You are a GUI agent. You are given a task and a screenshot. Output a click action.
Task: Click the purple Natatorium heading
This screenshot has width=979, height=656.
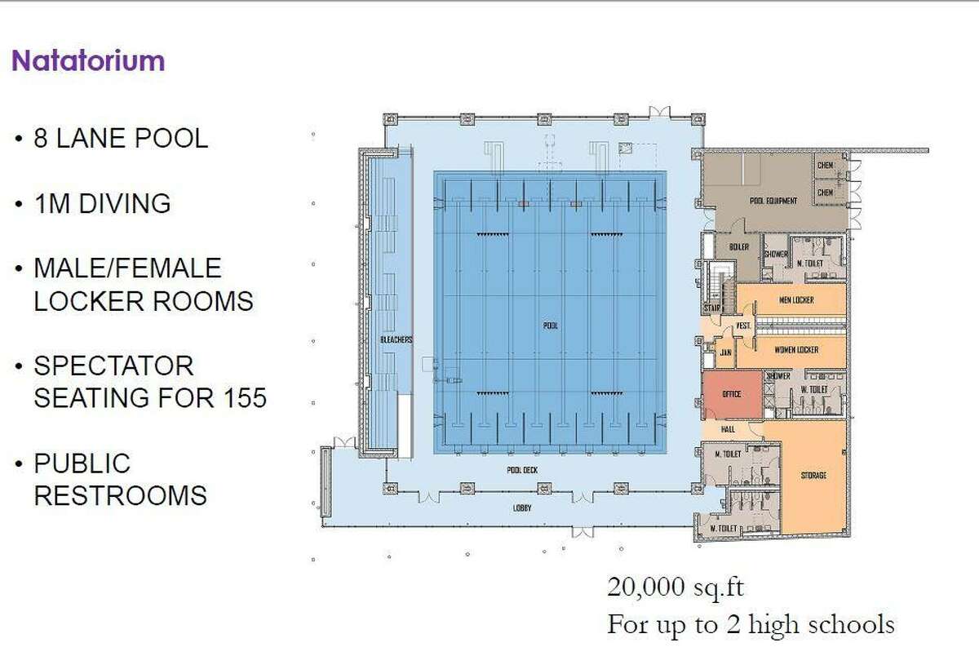coord(88,61)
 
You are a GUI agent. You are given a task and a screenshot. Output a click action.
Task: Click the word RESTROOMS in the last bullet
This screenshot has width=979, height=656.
coord(120,495)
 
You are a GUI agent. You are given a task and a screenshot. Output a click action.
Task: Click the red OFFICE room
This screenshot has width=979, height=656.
coord(732,394)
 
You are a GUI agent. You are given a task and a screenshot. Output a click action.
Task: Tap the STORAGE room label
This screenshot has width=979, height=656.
coord(814,475)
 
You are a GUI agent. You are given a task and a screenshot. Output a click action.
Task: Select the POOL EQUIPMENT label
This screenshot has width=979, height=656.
coord(773,201)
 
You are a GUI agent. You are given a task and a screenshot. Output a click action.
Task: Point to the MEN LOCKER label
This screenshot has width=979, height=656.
coord(797,299)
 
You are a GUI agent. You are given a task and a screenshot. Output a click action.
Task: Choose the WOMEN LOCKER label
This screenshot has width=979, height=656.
coord(795,350)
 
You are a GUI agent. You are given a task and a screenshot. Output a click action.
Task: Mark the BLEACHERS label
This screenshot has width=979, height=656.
coord(396,339)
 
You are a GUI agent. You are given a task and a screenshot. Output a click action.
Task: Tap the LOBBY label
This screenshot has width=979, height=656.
coord(523,508)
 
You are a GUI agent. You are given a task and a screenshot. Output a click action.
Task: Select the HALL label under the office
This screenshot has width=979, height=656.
coord(729,428)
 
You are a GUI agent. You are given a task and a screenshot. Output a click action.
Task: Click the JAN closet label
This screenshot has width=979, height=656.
coord(724,353)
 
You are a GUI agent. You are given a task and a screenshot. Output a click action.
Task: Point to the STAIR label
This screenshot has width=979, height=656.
coord(711,309)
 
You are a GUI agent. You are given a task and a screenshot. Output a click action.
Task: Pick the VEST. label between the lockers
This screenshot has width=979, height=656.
coord(744,326)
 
